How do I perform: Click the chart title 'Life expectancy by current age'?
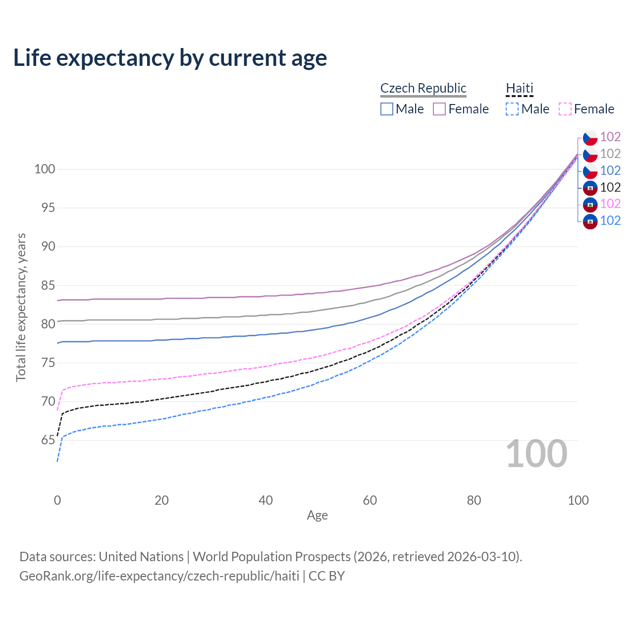click(x=170, y=58)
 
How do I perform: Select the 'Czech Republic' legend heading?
click(x=423, y=88)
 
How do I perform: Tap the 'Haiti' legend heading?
click(x=519, y=88)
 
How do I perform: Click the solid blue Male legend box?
click(x=387, y=109)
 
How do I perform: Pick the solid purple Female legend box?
click(x=439, y=109)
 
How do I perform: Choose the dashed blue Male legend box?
click(x=512, y=109)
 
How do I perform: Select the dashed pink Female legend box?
click(x=565, y=109)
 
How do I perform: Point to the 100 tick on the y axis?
click(x=45, y=169)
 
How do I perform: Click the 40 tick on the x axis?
click(x=265, y=500)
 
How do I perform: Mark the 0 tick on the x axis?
click(x=57, y=500)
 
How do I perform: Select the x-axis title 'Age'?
click(x=317, y=516)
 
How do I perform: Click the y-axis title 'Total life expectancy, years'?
click(x=21, y=308)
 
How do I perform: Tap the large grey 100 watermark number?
click(x=536, y=454)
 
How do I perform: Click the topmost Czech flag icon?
click(x=590, y=137)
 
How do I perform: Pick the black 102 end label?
click(x=610, y=187)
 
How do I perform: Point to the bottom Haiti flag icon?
click(x=590, y=221)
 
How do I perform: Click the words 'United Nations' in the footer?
click(x=141, y=557)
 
